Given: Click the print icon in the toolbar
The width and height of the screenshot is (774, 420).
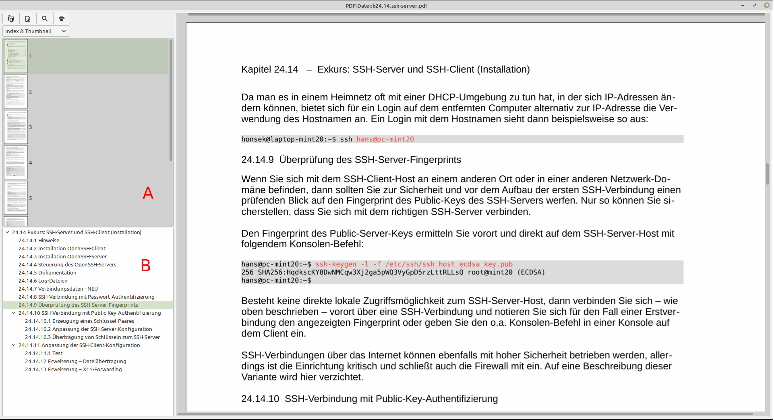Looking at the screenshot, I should coord(61,19).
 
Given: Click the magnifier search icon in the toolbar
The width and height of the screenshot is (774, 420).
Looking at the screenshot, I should coord(45,19).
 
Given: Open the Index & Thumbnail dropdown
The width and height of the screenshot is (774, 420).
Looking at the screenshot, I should coord(36,31).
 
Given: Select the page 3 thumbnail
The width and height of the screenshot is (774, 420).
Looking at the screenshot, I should coord(16,127).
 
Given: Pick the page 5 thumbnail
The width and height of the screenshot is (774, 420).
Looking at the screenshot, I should coord(16,198).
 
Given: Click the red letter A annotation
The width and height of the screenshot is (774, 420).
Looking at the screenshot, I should coord(148,193).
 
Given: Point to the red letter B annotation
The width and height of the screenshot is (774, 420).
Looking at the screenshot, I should coord(145,266).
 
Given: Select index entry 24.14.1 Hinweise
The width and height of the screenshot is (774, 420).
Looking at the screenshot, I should coord(39,241).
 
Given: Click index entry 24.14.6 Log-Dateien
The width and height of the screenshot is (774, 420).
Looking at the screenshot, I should coord(43,281).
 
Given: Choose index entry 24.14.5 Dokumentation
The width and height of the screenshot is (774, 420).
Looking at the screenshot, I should coord(47,273).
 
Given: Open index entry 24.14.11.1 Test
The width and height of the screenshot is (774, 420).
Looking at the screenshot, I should coord(43,353).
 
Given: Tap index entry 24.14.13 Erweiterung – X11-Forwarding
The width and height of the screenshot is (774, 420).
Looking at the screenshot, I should coord(73,370).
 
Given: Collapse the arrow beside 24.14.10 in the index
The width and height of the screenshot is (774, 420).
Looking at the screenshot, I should coord(14,313).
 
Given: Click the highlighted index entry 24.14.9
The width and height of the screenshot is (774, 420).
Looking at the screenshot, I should coord(78,305).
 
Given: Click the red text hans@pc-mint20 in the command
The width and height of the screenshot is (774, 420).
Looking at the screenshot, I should coord(385,139).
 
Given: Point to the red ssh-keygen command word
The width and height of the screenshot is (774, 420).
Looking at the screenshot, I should coord(335,264).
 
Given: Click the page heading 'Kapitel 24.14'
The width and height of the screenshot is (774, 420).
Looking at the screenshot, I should coord(269,69).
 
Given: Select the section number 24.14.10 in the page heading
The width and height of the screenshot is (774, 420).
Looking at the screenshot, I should coord(260,399).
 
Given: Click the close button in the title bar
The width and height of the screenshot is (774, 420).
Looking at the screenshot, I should coord(766,5).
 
